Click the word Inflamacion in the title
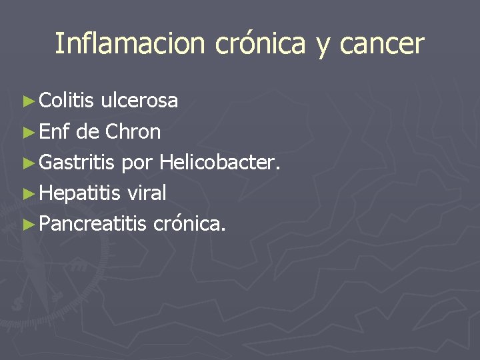click(131, 44)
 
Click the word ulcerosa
click(139, 101)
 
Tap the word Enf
click(55, 132)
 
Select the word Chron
click(132, 132)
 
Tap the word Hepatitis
click(80, 194)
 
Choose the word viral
click(146, 193)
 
